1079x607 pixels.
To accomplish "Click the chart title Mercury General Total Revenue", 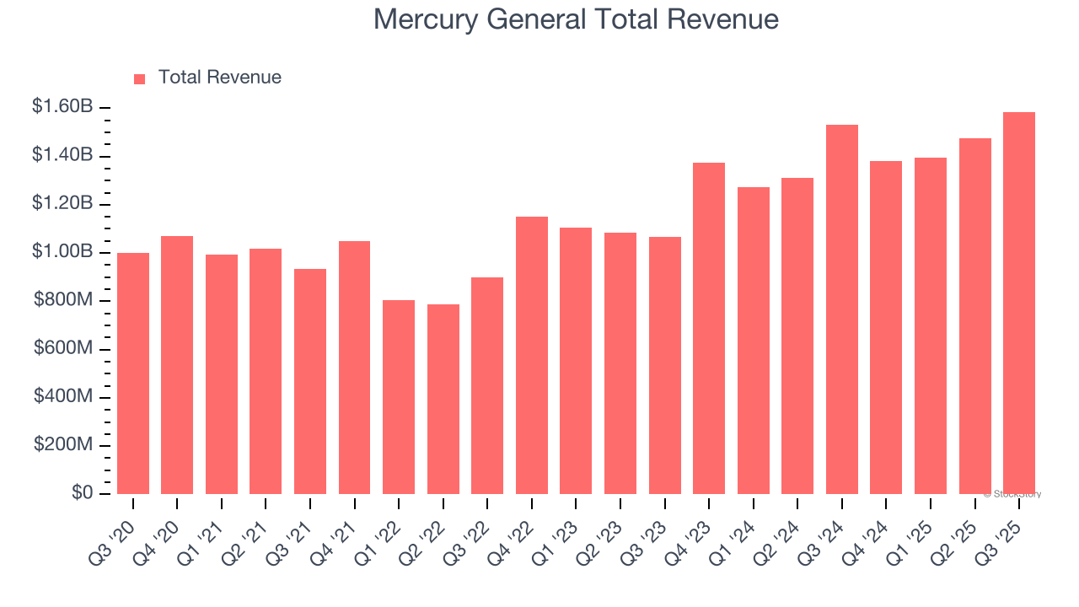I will (576, 19).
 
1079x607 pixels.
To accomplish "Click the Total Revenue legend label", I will (219, 78).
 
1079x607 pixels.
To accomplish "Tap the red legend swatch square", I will (140, 78).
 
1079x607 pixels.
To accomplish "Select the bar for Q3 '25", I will (1018, 303).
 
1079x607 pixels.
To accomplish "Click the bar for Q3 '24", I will (841, 309).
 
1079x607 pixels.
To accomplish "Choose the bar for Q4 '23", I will (708, 328).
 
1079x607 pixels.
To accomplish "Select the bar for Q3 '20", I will (133, 373).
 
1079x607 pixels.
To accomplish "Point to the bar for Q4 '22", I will (531, 355).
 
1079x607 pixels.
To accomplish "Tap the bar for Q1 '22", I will (398, 397).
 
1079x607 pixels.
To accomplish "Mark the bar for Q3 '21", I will (309, 381).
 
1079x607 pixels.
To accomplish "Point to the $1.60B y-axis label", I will (62, 107).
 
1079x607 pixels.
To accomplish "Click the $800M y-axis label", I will (63, 300).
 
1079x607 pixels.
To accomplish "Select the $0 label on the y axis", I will (82, 493).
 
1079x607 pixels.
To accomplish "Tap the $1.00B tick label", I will (62, 252).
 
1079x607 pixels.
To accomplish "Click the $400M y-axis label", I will (63, 397).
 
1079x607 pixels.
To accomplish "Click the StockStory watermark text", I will (1012, 494).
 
